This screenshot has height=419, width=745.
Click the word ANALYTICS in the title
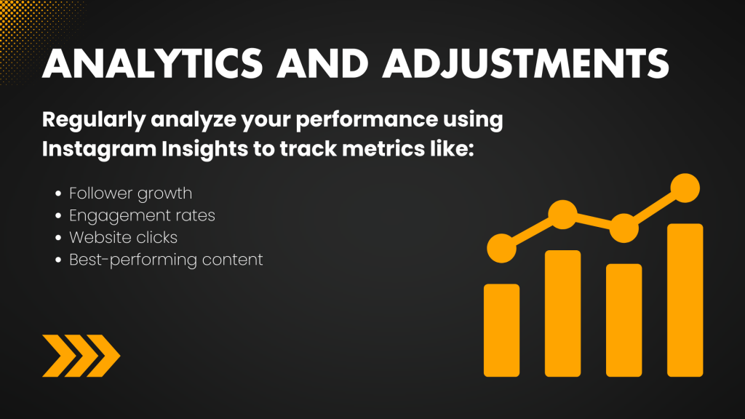click(x=152, y=63)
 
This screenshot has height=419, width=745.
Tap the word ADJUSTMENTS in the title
click(x=526, y=63)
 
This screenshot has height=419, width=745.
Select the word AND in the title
click(x=322, y=63)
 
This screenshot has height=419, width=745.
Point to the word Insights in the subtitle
click(x=204, y=149)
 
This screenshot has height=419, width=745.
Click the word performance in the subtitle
click(x=367, y=119)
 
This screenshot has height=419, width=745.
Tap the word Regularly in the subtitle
click(x=94, y=120)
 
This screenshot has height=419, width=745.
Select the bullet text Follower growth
click(x=131, y=193)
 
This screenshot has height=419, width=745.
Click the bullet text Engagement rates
click(x=142, y=216)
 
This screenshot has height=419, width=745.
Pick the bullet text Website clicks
click(x=124, y=238)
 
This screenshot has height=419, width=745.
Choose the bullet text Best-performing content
click(x=166, y=260)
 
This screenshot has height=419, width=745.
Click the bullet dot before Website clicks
click(x=58, y=238)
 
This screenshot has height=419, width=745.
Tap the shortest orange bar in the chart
click(x=501, y=330)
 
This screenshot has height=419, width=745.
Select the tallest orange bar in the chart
click(x=685, y=300)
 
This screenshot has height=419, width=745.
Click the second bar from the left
click(x=562, y=313)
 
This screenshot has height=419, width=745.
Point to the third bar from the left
click(x=624, y=320)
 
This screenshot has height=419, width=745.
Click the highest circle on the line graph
click(x=685, y=188)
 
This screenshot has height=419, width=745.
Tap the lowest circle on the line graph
click(x=502, y=249)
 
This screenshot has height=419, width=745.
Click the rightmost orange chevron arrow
click(x=103, y=356)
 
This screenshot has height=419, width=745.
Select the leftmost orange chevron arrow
click(x=60, y=356)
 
